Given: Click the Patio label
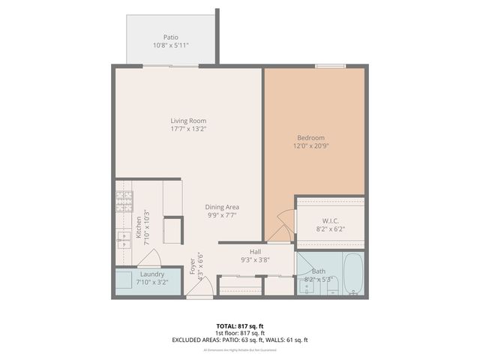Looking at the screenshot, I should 171,37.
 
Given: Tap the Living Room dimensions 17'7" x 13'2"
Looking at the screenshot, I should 188,129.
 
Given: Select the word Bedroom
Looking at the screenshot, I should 310,137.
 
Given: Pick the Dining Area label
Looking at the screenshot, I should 222,207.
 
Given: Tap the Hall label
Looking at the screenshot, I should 255,252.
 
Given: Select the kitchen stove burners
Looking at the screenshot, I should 124,201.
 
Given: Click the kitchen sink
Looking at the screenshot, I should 124,238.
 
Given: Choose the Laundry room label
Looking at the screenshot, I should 151,274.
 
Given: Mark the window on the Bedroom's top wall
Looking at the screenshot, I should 330,67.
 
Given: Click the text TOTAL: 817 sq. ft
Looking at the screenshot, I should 239,325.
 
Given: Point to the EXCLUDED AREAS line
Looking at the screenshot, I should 239,340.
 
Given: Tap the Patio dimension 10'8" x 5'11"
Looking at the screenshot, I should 171,45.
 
